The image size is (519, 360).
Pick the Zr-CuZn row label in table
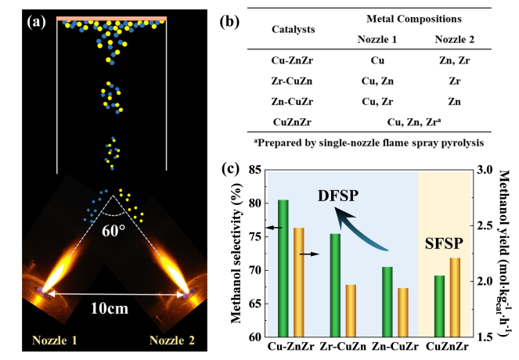pos(295,80)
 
